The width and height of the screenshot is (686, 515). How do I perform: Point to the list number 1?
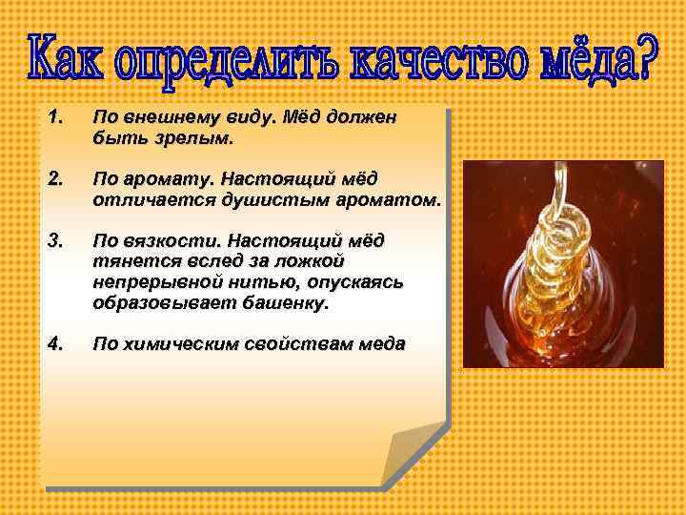coord(54,118)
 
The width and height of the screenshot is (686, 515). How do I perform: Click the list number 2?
coord(54,177)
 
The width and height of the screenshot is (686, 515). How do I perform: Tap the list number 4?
coord(54,344)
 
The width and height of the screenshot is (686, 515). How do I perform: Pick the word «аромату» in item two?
coord(165,178)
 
